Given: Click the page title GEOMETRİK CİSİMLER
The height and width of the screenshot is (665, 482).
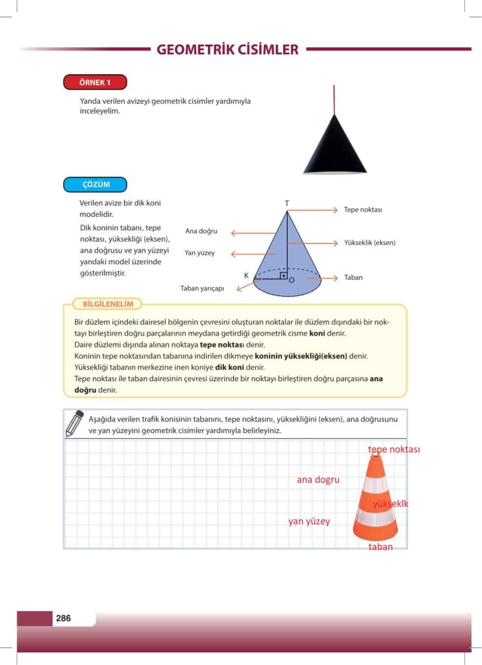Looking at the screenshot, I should click(x=227, y=49).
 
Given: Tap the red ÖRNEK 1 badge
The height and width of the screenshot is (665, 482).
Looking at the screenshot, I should click(x=95, y=82).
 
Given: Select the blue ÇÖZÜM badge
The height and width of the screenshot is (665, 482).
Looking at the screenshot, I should click(x=95, y=184).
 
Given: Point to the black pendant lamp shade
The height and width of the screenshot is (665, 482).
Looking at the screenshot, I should click(x=335, y=147).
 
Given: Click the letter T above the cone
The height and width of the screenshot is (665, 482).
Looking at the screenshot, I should click(x=286, y=203).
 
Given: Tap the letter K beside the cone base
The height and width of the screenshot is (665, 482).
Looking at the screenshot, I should click(x=246, y=276).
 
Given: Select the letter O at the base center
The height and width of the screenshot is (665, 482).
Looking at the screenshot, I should click(x=292, y=280).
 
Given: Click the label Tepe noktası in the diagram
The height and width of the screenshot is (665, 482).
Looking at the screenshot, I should click(x=363, y=210).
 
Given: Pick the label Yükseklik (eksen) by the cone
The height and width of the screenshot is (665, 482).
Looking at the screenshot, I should click(x=370, y=243).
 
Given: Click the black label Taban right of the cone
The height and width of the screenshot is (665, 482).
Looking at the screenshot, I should click(x=353, y=277).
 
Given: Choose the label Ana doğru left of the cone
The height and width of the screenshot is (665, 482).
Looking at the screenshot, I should click(x=201, y=231).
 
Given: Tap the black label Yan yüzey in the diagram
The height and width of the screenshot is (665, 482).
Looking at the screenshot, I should click(x=199, y=253).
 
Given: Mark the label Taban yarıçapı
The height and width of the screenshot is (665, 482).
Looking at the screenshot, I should click(x=202, y=288).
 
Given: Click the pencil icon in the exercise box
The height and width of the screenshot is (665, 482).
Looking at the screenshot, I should click(x=75, y=423).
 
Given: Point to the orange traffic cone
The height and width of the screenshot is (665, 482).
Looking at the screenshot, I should click(x=375, y=500).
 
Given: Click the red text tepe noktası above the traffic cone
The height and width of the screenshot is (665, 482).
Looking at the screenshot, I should click(x=394, y=449).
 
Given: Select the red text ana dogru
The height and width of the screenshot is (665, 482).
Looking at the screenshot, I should click(x=318, y=480).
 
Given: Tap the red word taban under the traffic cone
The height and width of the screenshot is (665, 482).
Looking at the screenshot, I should click(x=381, y=547).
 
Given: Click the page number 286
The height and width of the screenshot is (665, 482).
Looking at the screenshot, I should click(x=63, y=618).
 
